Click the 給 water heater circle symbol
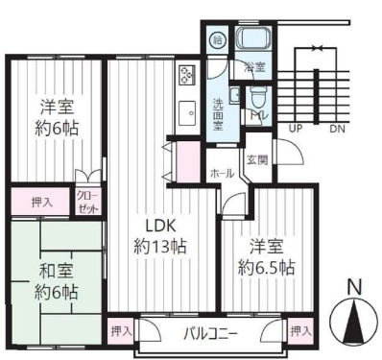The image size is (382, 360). pyautogui.click(x=218, y=40)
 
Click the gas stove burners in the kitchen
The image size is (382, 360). pyautogui.click(x=186, y=74)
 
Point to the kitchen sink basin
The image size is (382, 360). pyautogui.click(x=185, y=114)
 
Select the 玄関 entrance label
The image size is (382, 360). pyautogui.click(x=256, y=159)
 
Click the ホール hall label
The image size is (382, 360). pyautogui.click(x=222, y=174)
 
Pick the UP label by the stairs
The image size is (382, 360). pyautogui.click(x=295, y=128)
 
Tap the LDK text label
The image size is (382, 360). pyautogui.click(x=158, y=227)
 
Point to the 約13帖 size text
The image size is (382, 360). pyautogui.click(x=158, y=247)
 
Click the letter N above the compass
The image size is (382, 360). pyautogui.click(x=353, y=285)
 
